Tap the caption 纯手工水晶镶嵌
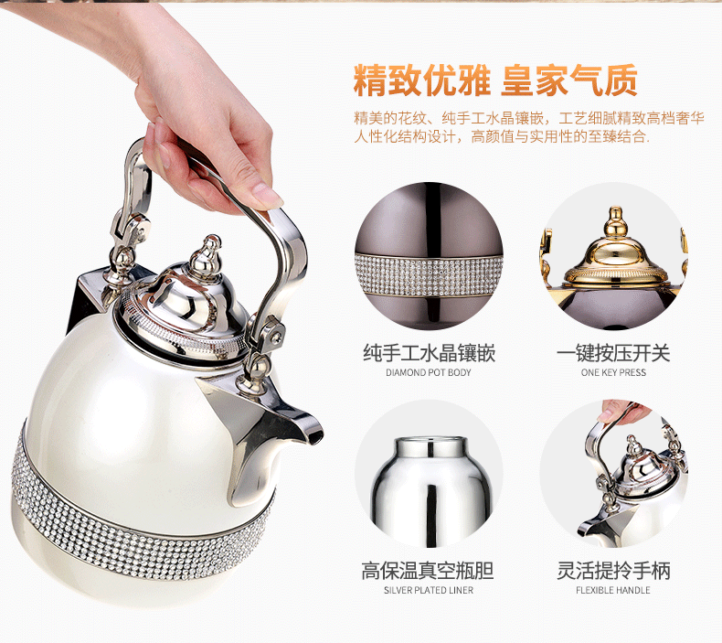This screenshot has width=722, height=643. [429, 353]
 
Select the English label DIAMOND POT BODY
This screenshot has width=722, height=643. [429, 373]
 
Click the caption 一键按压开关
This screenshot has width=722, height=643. [612, 353]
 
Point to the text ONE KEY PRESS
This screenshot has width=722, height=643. [612, 373]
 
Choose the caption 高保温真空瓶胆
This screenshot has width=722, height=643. [429, 572]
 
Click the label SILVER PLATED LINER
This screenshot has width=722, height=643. [429, 591]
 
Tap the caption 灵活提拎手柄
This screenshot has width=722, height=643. [612, 572]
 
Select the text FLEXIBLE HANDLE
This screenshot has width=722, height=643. [612, 591]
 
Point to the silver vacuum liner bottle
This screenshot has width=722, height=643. [428, 480]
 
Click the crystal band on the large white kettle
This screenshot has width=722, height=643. [137, 512]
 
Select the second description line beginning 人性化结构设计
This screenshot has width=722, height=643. [502, 137]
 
